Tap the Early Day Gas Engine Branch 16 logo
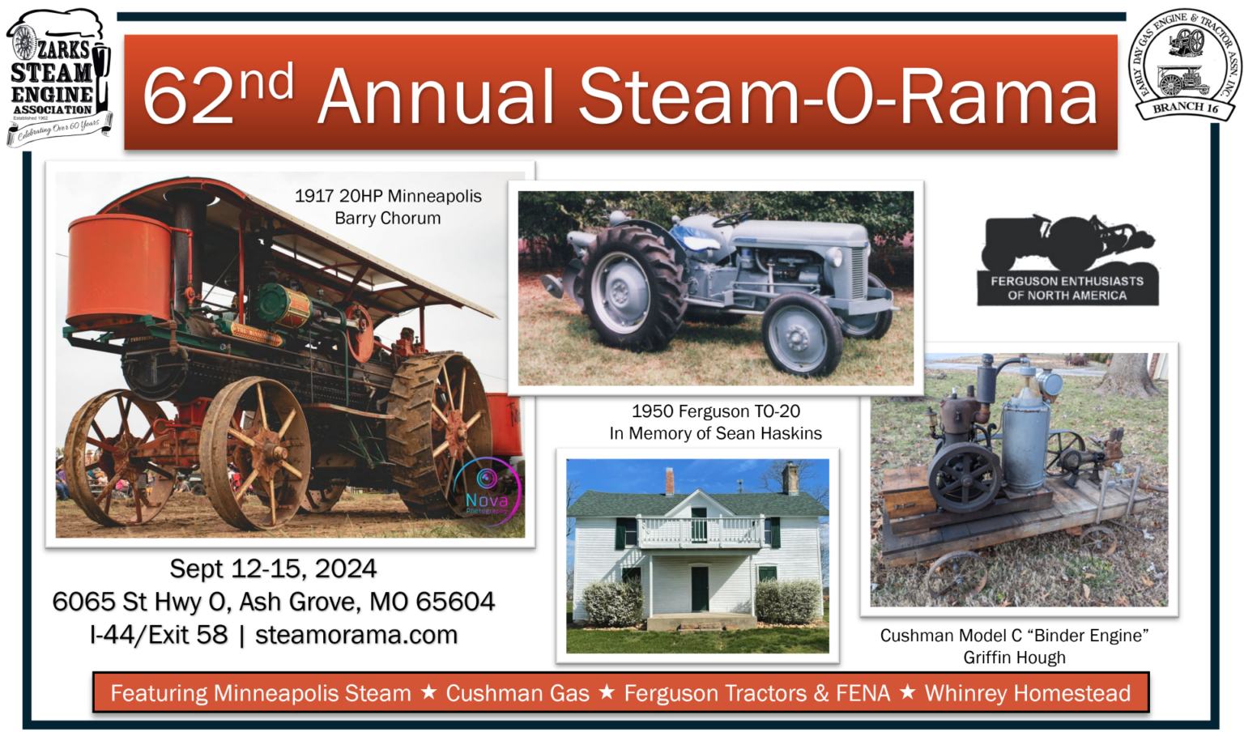click(x=1183, y=65)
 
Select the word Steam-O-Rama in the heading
click(x=837, y=97)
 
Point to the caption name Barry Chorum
click(x=387, y=219)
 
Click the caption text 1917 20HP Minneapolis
click(x=387, y=196)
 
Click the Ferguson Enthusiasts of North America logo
click(x=1067, y=261)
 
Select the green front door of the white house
click(x=699, y=589)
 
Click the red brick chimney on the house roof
click(x=669, y=481)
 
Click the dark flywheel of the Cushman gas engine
click(x=964, y=478)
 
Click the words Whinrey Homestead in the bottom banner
click(x=1027, y=693)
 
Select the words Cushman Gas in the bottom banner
click(x=518, y=693)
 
